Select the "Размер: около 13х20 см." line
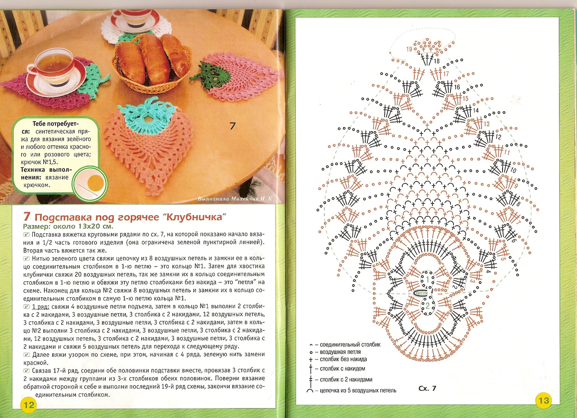pyautogui.click(x=68, y=226)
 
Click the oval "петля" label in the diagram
pyautogui.click(x=422, y=292)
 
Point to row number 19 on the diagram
pyautogui.click(x=409, y=49)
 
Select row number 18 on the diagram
pyautogui.click(x=437, y=61)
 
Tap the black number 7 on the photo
pyautogui.click(x=232, y=126)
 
